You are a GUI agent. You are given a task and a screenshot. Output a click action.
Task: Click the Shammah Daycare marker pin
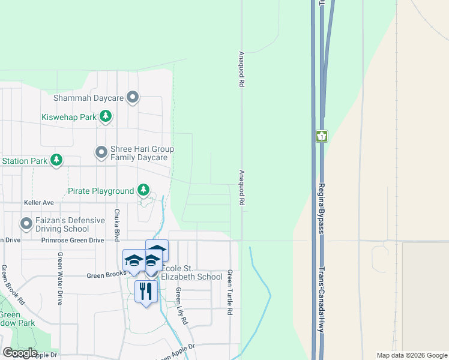pos(133,97)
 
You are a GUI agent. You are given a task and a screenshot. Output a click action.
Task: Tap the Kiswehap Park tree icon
pos(106,116)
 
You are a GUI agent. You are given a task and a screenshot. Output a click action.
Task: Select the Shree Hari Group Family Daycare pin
pos(102,153)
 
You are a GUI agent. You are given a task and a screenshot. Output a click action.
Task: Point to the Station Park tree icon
pos(56,160)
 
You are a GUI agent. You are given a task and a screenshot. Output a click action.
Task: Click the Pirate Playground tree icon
pos(143,191)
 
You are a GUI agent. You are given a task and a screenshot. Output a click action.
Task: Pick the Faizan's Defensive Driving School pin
pos(26,224)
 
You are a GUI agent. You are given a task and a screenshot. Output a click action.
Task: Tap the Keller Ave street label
pos(38,203)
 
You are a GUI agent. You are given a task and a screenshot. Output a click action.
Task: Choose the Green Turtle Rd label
pos(229,293)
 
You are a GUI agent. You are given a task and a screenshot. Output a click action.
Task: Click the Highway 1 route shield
pos(322,137)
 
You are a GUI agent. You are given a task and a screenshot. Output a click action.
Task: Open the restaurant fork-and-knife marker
pos(146,292)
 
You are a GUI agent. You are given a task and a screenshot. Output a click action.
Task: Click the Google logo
pos(19,353)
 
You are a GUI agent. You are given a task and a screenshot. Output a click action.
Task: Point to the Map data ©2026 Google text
pos(411,355)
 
